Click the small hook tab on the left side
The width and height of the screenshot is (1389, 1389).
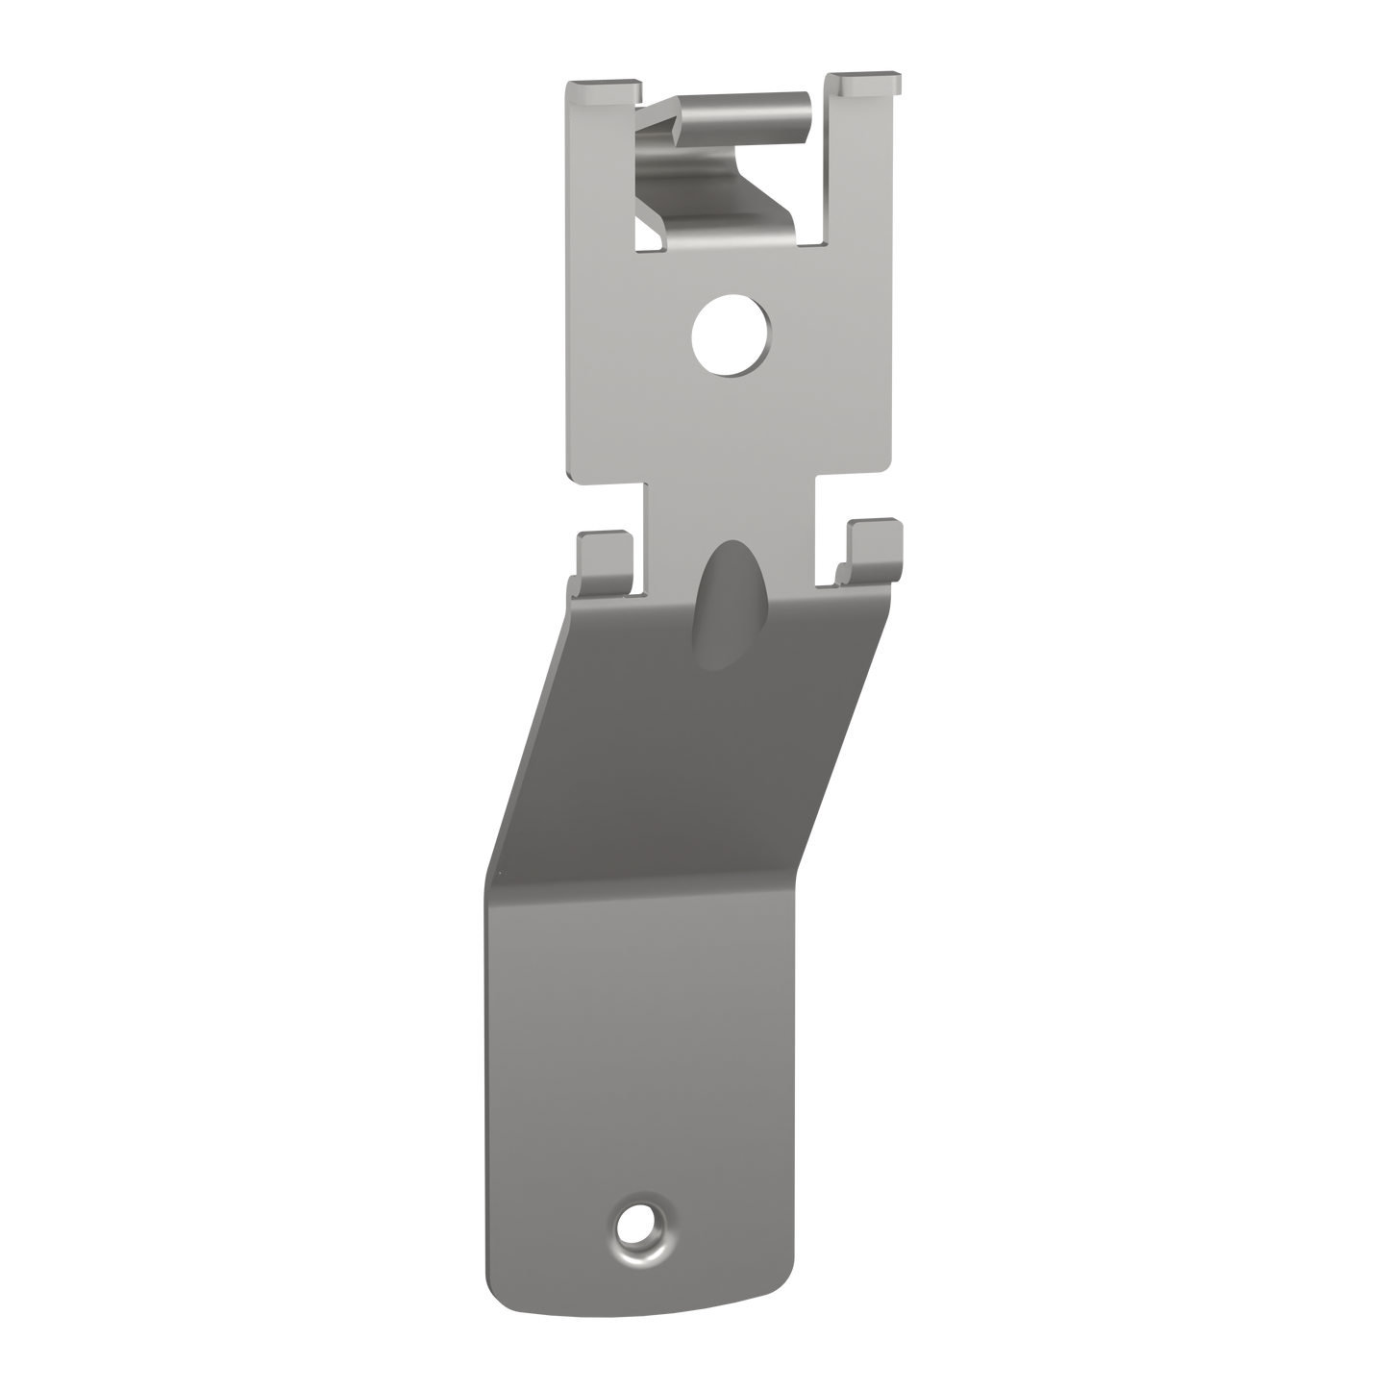tap(603, 558)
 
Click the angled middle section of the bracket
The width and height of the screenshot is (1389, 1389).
tap(692, 750)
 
